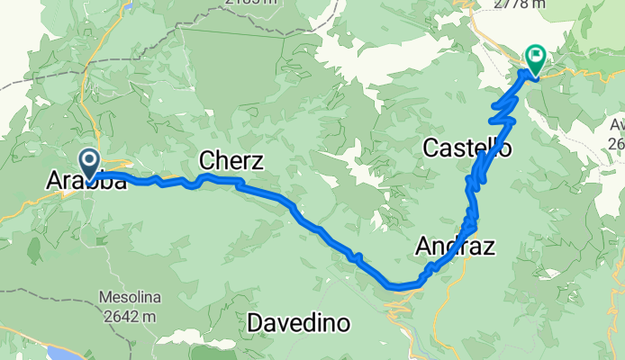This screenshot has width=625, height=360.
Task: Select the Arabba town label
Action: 86,182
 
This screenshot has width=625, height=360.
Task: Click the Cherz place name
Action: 231,162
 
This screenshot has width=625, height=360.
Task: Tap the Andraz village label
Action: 455,245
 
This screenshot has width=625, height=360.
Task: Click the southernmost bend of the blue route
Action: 402,288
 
